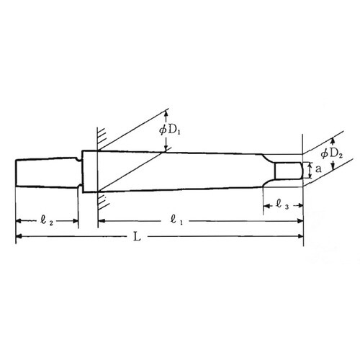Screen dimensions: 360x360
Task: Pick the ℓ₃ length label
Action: tap(282, 206)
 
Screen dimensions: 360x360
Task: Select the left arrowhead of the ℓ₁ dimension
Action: tap(100, 220)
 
